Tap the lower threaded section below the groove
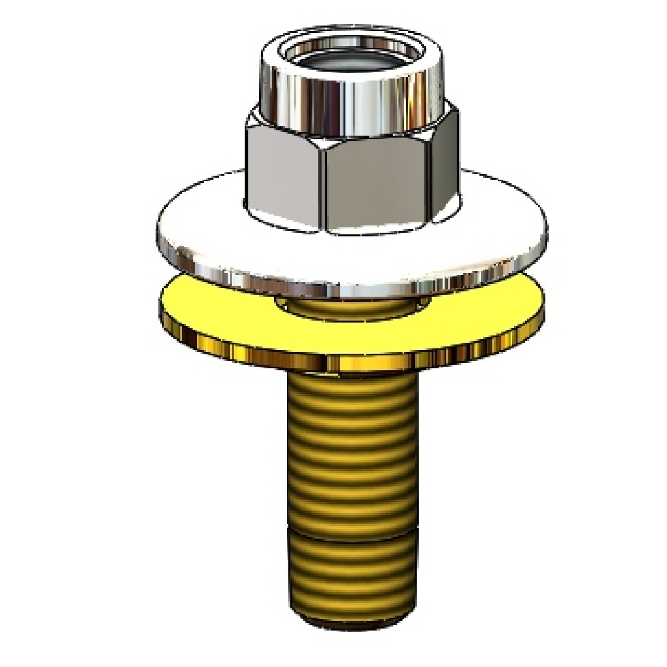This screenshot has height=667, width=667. point(353,572)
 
